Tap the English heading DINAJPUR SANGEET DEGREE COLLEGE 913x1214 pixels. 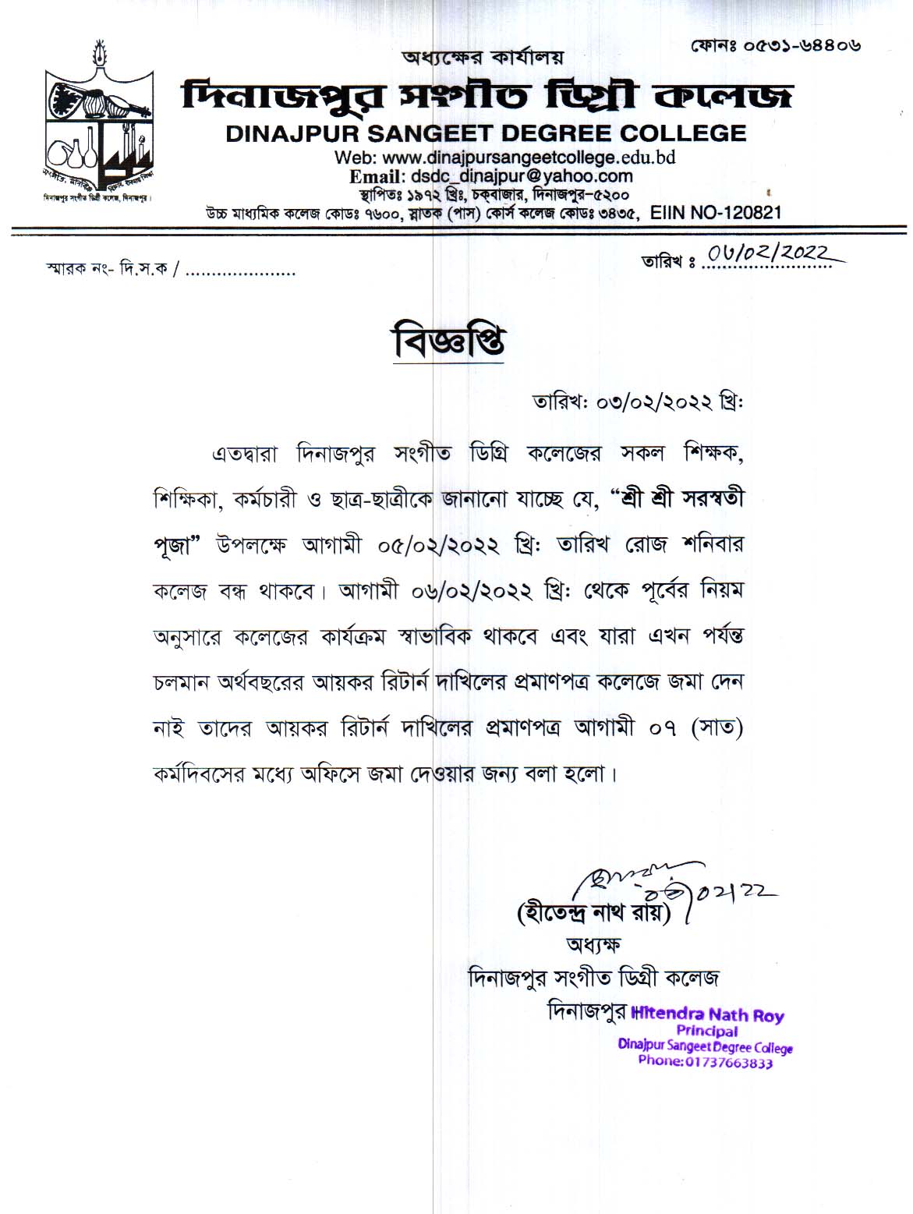click(486, 133)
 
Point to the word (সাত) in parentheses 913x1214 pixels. click(717, 728)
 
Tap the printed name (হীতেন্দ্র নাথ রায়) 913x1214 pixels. click(593, 911)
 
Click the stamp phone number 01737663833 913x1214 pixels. click(706, 1062)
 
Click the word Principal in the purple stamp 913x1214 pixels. click(707, 1031)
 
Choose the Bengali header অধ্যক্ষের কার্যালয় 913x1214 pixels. click(482, 57)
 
